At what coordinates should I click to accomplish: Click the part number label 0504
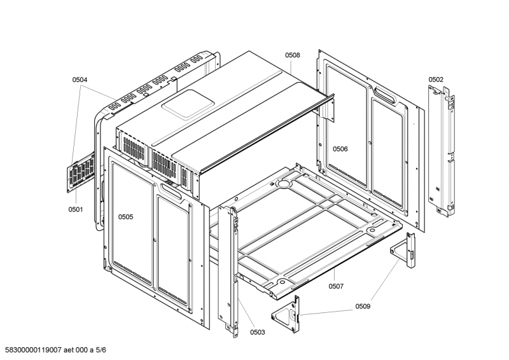(x=80, y=80)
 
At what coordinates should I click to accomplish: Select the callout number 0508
(x=293, y=55)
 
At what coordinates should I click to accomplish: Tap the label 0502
(x=436, y=80)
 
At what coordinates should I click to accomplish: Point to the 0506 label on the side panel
(x=340, y=149)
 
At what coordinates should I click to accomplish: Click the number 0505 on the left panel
(x=125, y=217)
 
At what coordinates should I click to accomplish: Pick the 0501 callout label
(x=75, y=209)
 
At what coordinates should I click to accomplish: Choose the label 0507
(x=336, y=286)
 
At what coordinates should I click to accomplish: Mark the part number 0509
(x=363, y=306)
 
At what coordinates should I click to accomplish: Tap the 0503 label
(x=258, y=332)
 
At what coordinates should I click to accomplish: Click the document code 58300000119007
(x=33, y=350)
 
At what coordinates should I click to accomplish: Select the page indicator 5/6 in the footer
(x=101, y=350)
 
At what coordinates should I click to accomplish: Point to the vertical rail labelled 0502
(x=442, y=151)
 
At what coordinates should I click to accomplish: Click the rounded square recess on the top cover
(x=188, y=104)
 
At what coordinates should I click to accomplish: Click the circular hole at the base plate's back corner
(x=283, y=184)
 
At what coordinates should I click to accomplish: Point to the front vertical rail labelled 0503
(x=228, y=271)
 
